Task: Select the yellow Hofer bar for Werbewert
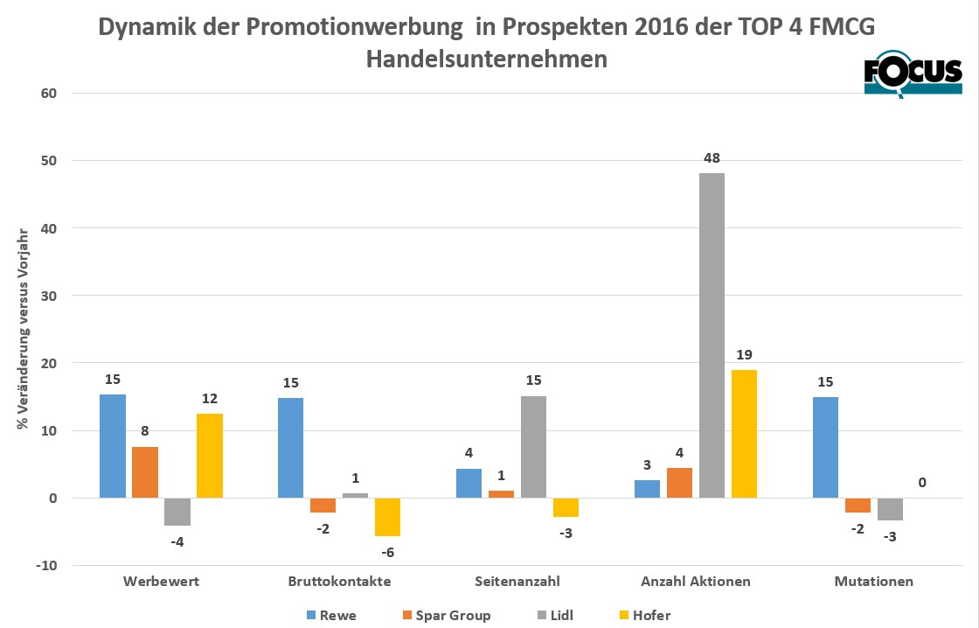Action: coord(210,456)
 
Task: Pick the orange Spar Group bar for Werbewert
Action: coord(145,472)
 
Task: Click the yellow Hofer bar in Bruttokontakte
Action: coord(388,517)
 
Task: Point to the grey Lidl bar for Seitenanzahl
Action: coord(533,447)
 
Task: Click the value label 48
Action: coord(712,158)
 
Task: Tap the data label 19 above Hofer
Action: coord(744,355)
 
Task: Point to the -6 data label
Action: coord(388,552)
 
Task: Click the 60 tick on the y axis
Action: coord(48,94)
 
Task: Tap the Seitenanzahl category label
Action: coord(517,581)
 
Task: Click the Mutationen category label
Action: coord(873,581)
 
